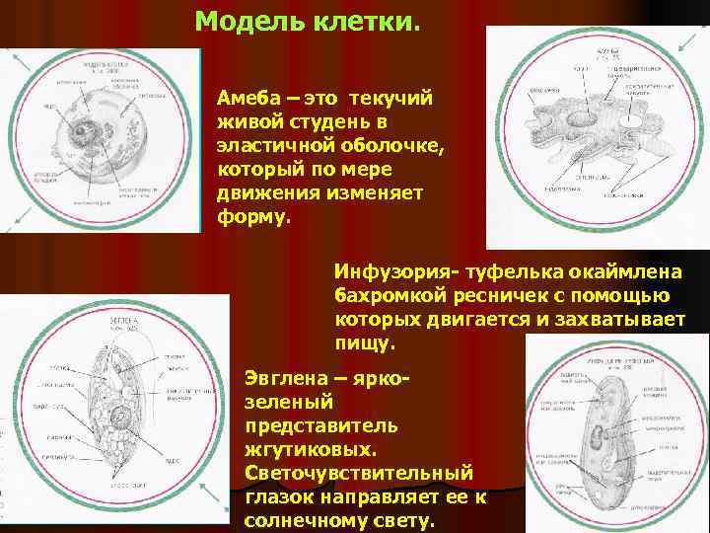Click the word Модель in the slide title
coord(246,22)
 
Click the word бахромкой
coord(387,295)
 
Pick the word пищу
coord(363,344)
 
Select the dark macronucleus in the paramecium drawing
coord(602,434)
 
